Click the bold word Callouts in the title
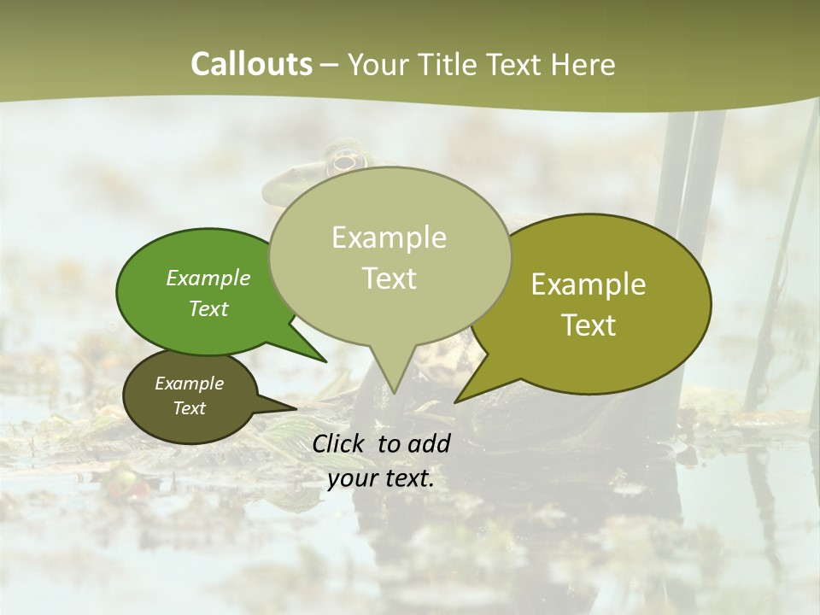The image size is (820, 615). coord(251,64)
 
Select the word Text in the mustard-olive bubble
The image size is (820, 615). coord(589,325)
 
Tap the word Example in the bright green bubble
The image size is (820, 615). coord(208,278)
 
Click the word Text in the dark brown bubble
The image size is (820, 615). coord(190,408)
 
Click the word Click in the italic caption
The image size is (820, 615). coord(339,443)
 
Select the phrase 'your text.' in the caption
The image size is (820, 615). coord(381,478)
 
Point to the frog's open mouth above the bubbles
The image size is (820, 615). coord(344,160)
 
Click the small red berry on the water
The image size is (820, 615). coord(133,488)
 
